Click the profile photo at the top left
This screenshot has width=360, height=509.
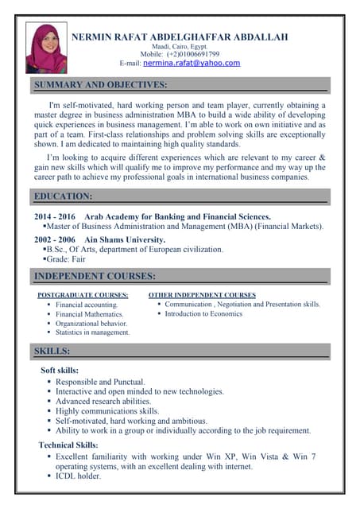[46, 48]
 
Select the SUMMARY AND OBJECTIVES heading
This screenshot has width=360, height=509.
[100, 84]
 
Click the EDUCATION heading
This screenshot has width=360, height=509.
[64, 196]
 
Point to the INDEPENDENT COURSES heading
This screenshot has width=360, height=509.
[95, 276]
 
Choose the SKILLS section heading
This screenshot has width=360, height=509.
[52, 351]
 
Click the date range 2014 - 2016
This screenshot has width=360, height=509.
[55, 216]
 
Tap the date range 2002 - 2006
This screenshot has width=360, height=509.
[55, 239]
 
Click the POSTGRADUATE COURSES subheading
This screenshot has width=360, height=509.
[83, 295]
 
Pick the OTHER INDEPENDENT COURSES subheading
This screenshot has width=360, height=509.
[202, 295]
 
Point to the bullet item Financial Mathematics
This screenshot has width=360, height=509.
[89, 314]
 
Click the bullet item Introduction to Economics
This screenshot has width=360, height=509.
[203, 313]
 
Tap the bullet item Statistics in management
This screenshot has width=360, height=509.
[92, 332]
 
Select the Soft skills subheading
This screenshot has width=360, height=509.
[60, 371]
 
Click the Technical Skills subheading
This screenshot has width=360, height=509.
[68, 445]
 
